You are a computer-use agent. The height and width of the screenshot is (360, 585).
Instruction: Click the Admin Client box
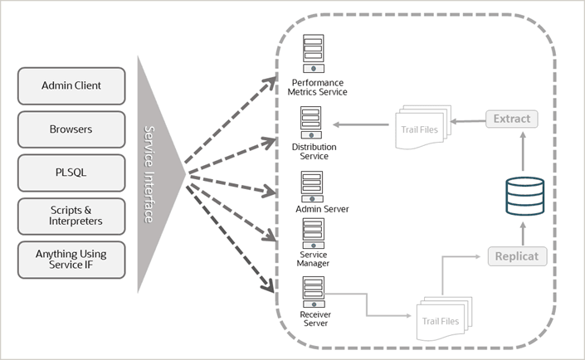tap(72, 85)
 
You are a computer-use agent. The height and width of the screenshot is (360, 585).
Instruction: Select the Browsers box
tap(72, 129)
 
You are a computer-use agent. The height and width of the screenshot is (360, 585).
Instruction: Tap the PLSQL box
tap(72, 172)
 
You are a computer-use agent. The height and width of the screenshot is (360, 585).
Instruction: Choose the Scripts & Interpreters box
tap(72, 215)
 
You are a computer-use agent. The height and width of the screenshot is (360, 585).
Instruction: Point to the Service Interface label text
tap(149, 174)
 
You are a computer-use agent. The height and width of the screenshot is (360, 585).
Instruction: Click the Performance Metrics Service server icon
tap(314, 56)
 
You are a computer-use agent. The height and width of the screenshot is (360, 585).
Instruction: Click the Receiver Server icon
tap(314, 291)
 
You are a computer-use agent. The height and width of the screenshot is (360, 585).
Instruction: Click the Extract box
tap(512, 119)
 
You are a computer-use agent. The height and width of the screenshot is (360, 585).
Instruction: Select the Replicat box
tap(517, 255)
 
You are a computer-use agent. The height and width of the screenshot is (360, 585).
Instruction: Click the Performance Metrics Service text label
tap(315, 87)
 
